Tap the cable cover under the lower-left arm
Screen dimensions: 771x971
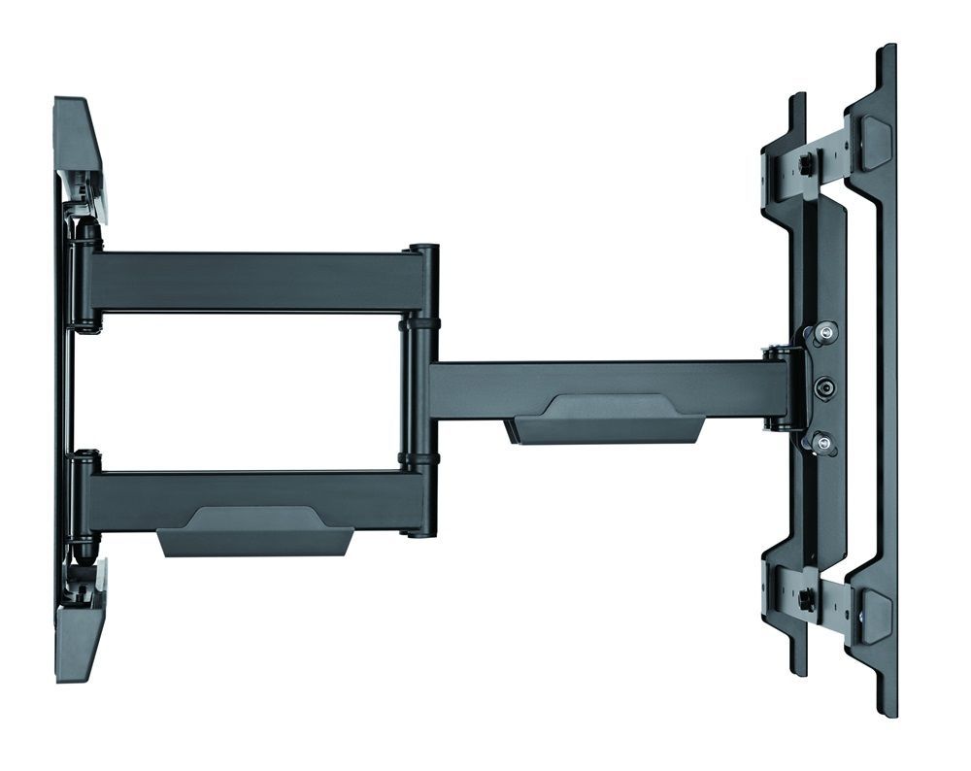(254, 532)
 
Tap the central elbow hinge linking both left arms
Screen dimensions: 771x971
(422, 388)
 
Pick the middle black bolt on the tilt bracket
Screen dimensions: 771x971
(823, 386)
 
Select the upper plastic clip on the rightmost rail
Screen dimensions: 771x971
(875, 141)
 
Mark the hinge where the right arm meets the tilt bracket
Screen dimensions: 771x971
(777, 388)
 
